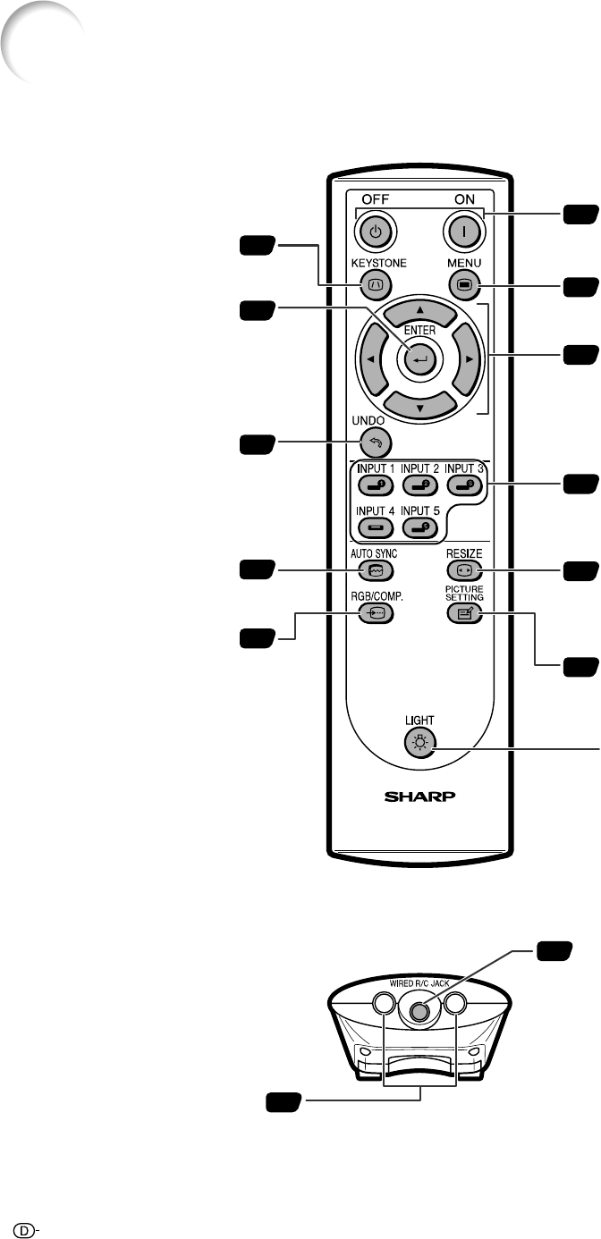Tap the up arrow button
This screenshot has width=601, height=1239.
pos(419,313)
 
